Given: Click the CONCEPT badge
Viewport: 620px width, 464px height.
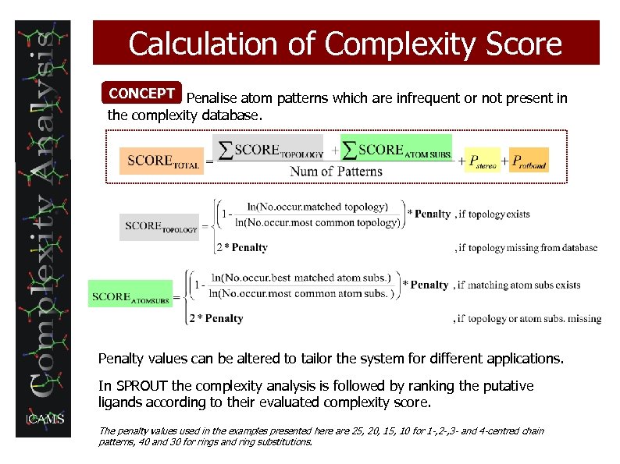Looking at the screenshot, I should (x=142, y=94).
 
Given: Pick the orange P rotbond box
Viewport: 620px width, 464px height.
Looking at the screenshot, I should (x=529, y=161).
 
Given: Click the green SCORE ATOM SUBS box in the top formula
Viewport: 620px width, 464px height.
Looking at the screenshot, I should (x=397, y=151).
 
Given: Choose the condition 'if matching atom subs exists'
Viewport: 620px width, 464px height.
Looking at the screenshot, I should (x=519, y=285).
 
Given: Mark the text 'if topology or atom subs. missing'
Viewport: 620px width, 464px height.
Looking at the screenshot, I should (x=529, y=318).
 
